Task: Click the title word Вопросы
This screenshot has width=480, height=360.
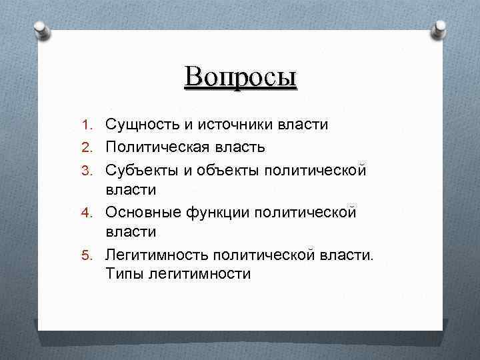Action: click(241, 77)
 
